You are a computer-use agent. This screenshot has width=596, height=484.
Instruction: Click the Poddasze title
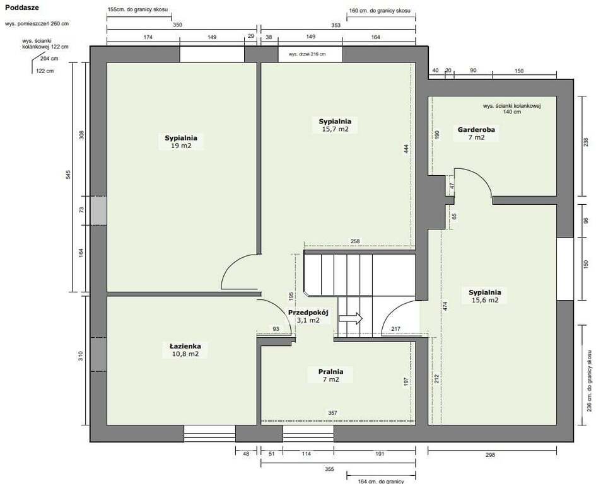coord(22,8)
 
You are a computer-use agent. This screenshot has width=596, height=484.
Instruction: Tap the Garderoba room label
coord(476,130)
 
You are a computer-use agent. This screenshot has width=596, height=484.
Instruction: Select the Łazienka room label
coord(185,346)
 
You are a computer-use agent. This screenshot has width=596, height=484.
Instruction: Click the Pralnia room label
coord(330,372)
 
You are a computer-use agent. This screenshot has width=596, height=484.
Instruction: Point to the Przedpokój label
coord(308,313)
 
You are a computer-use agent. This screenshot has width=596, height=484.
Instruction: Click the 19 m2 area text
coord(181,146)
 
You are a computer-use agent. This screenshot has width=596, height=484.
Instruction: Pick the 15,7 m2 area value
coord(336,129)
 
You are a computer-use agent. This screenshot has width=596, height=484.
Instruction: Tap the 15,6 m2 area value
coord(485,300)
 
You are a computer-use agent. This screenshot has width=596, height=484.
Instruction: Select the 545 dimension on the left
coord(68,175)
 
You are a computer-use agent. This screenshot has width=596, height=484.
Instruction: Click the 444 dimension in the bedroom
coord(406,149)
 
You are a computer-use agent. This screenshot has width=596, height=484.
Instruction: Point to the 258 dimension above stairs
coord(355,241)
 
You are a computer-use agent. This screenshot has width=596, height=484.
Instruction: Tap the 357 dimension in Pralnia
coord(332,413)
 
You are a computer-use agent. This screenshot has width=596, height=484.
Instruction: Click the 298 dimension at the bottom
coord(490,455)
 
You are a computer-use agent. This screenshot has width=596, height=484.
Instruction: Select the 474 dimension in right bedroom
coord(445,306)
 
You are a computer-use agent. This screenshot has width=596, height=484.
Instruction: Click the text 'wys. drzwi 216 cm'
coord(307,54)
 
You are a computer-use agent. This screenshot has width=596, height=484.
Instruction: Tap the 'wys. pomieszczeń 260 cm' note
coord(37,23)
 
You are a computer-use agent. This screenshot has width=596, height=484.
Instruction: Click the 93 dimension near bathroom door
coord(276,329)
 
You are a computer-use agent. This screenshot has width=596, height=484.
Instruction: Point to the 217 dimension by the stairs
coord(395,329)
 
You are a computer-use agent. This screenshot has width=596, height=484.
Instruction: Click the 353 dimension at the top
coord(336,25)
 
